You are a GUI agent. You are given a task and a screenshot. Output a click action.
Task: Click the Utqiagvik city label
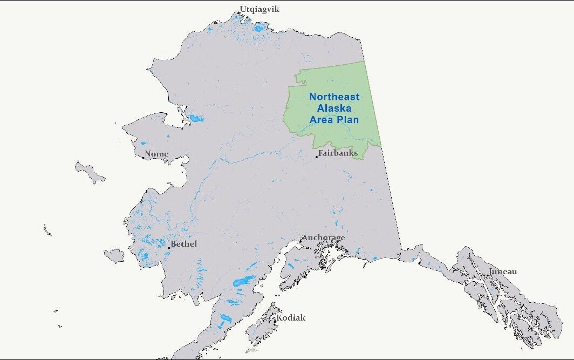(x=260, y=9)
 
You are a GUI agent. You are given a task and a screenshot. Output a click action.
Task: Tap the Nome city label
(x=157, y=154)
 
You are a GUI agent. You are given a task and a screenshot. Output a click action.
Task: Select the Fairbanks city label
(x=338, y=153)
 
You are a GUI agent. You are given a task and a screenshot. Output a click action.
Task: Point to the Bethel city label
(x=184, y=244)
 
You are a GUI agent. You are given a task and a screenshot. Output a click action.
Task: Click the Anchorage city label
(x=324, y=237)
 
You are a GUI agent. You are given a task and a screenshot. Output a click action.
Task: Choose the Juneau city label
(x=503, y=271)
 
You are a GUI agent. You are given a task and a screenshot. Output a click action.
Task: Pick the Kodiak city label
(x=291, y=317)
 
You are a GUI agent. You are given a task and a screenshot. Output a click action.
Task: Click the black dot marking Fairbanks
(x=317, y=157)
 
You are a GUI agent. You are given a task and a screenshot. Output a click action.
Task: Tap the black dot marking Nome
(x=143, y=158)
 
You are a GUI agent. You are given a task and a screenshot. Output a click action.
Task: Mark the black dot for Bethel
(x=169, y=247)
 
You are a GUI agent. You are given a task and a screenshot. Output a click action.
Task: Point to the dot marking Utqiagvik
(x=239, y=12)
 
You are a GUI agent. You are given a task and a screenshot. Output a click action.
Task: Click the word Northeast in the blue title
(x=334, y=97)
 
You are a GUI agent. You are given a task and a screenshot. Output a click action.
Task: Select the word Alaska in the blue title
(x=334, y=108)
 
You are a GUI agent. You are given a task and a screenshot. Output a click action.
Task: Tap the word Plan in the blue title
(x=347, y=120)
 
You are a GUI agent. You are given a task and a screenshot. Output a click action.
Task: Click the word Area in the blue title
(x=322, y=120)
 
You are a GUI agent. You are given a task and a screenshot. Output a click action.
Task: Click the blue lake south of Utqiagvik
(x=260, y=28)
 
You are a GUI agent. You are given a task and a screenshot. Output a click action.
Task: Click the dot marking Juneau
(x=488, y=275)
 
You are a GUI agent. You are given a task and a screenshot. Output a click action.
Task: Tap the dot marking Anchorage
(x=300, y=241)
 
